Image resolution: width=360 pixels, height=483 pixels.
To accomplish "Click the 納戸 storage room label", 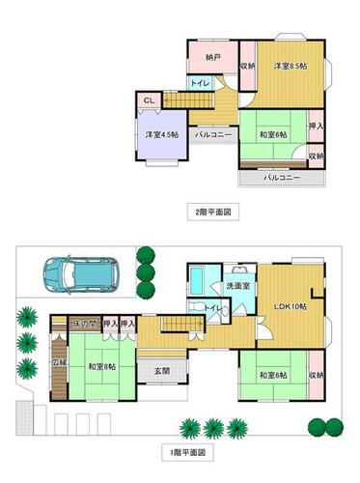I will tap(212, 58).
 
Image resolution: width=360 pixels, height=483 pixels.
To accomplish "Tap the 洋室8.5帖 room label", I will tap(289, 66).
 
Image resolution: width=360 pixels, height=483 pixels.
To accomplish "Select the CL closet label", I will tap(150, 99).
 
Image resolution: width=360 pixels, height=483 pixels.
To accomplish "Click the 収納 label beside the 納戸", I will tap(247, 66).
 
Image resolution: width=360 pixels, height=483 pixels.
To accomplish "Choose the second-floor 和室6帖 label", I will tap(273, 133).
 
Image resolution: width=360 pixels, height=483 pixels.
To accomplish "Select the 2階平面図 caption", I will tap(211, 209).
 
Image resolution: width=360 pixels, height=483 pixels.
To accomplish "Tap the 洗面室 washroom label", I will tap(240, 287).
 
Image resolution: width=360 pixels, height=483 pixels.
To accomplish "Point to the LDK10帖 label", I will tap(290, 306).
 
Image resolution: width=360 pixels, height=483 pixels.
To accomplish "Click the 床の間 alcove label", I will tap(85, 324).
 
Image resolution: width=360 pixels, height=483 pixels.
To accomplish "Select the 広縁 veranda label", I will tap(57, 364).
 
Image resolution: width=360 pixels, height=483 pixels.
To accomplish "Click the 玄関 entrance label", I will tap(162, 371).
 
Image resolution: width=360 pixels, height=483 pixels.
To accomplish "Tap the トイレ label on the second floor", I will tap(200, 84).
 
